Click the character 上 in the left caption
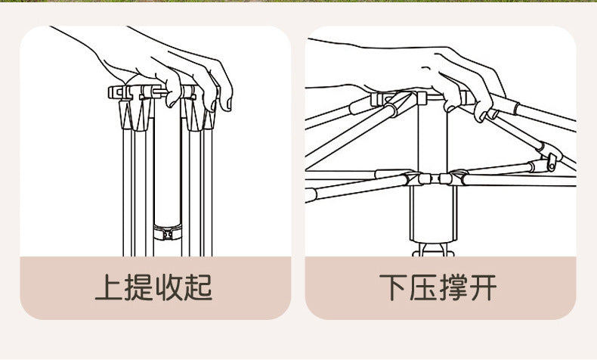coord(110,287)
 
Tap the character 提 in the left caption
coord(140,287)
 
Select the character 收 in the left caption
coord(169,287)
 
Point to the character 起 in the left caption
coord(199,287)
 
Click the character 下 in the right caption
coord(394,287)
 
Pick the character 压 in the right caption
coord(425,287)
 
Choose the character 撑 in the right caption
coord(454,287)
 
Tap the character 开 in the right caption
coord(484,287)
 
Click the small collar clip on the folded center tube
coord(167,230)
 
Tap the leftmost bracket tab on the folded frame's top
coord(115,92)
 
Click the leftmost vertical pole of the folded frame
coord(123,189)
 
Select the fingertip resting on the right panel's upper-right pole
coord(481,115)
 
